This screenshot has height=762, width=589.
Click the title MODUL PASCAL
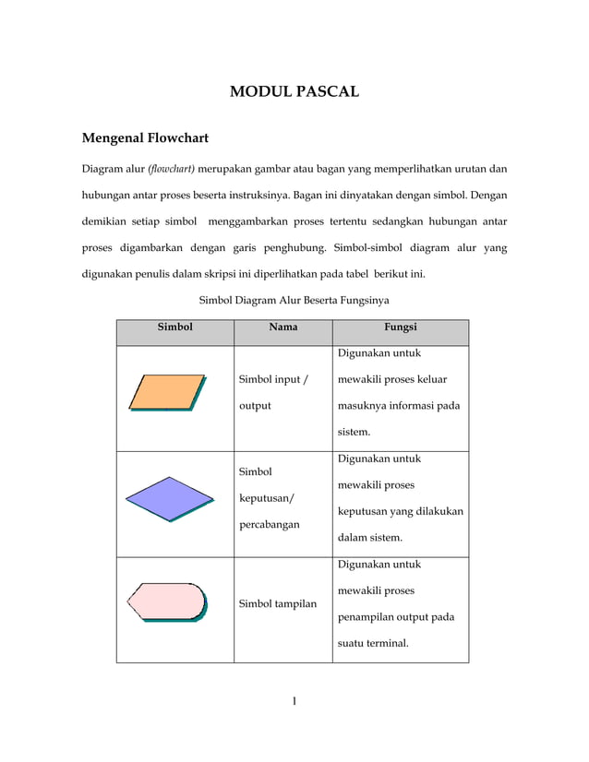[x=294, y=91]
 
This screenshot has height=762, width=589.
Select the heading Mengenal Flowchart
[x=145, y=138]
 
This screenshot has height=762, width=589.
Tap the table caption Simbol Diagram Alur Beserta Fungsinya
[x=294, y=300]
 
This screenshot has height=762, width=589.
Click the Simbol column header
[x=174, y=327]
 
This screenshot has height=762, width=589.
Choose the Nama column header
[x=282, y=327]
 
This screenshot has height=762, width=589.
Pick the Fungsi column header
[x=401, y=327]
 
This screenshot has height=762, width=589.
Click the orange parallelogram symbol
[x=167, y=392]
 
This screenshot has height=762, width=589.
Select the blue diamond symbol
[x=168, y=498]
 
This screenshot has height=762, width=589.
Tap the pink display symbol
[x=166, y=603]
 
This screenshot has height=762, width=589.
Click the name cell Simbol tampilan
[x=277, y=603]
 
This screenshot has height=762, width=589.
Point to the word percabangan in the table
[x=269, y=525]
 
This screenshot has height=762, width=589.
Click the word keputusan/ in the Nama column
[x=266, y=498]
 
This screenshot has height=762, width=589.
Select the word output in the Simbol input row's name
[x=255, y=405]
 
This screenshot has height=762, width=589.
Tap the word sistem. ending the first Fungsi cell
[x=354, y=431]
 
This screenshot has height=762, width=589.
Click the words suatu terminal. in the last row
[x=373, y=642]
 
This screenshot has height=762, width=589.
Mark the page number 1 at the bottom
[x=294, y=702]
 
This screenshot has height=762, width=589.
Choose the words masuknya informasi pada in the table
[x=399, y=405]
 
